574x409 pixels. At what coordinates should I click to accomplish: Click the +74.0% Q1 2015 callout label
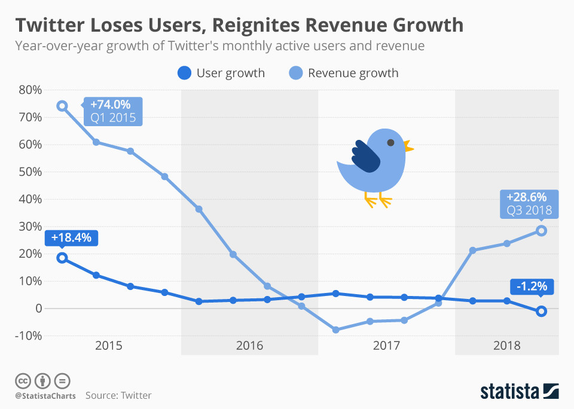pyautogui.click(x=114, y=111)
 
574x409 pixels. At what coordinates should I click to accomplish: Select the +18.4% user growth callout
pyautogui.click(x=71, y=238)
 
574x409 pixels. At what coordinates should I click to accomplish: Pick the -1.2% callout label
pyautogui.click(x=532, y=286)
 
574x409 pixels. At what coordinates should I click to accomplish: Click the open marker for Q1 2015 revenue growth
pyautogui.click(x=62, y=106)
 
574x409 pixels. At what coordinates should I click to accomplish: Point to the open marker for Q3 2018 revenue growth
pyautogui.click(x=541, y=231)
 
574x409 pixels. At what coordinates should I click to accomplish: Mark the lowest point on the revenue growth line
pyautogui.click(x=335, y=330)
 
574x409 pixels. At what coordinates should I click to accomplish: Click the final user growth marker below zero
pyautogui.click(x=541, y=311)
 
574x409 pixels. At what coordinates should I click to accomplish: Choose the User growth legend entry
pyautogui.click(x=221, y=74)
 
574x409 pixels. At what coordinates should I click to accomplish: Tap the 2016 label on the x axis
pyautogui.click(x=249, y=346)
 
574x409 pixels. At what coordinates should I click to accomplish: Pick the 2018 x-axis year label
pyautogui.click(x=506, y=346)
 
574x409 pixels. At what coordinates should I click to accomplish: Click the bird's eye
pyautogui.click(x=390, y=143)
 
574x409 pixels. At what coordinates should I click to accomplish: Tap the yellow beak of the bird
pyautogui.click(x=408, y=146)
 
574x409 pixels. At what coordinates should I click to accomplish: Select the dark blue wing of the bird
pyautogui.click(x=366, y=157)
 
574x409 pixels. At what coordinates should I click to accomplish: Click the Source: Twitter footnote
pyautogui.click(x=118, y=395)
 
